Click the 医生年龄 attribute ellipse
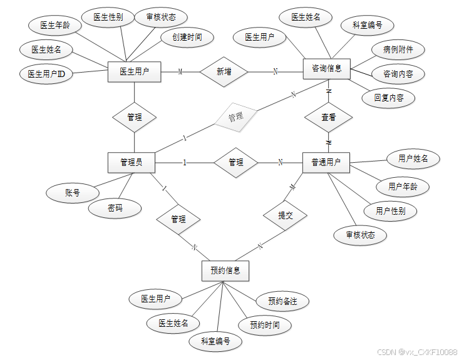[54, 26]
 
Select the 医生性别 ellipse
[108, 18]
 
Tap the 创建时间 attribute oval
[182, 37]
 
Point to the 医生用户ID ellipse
[46, 74]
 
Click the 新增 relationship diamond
[224, 72]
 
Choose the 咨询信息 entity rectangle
[326, 69]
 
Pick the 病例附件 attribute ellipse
[397, 49]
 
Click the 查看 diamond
[328, 117]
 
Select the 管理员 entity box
[131, 162]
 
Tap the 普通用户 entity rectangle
[326, 162]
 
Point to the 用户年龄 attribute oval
[403, 186]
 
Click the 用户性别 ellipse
[390, 211]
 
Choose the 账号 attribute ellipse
[73, 193]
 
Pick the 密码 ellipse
[115, 208]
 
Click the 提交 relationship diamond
[285, 215]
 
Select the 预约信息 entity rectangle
[225, 271]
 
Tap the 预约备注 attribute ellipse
[282, 301]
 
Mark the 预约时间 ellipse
[264, 325]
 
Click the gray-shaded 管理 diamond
[235, 116]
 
